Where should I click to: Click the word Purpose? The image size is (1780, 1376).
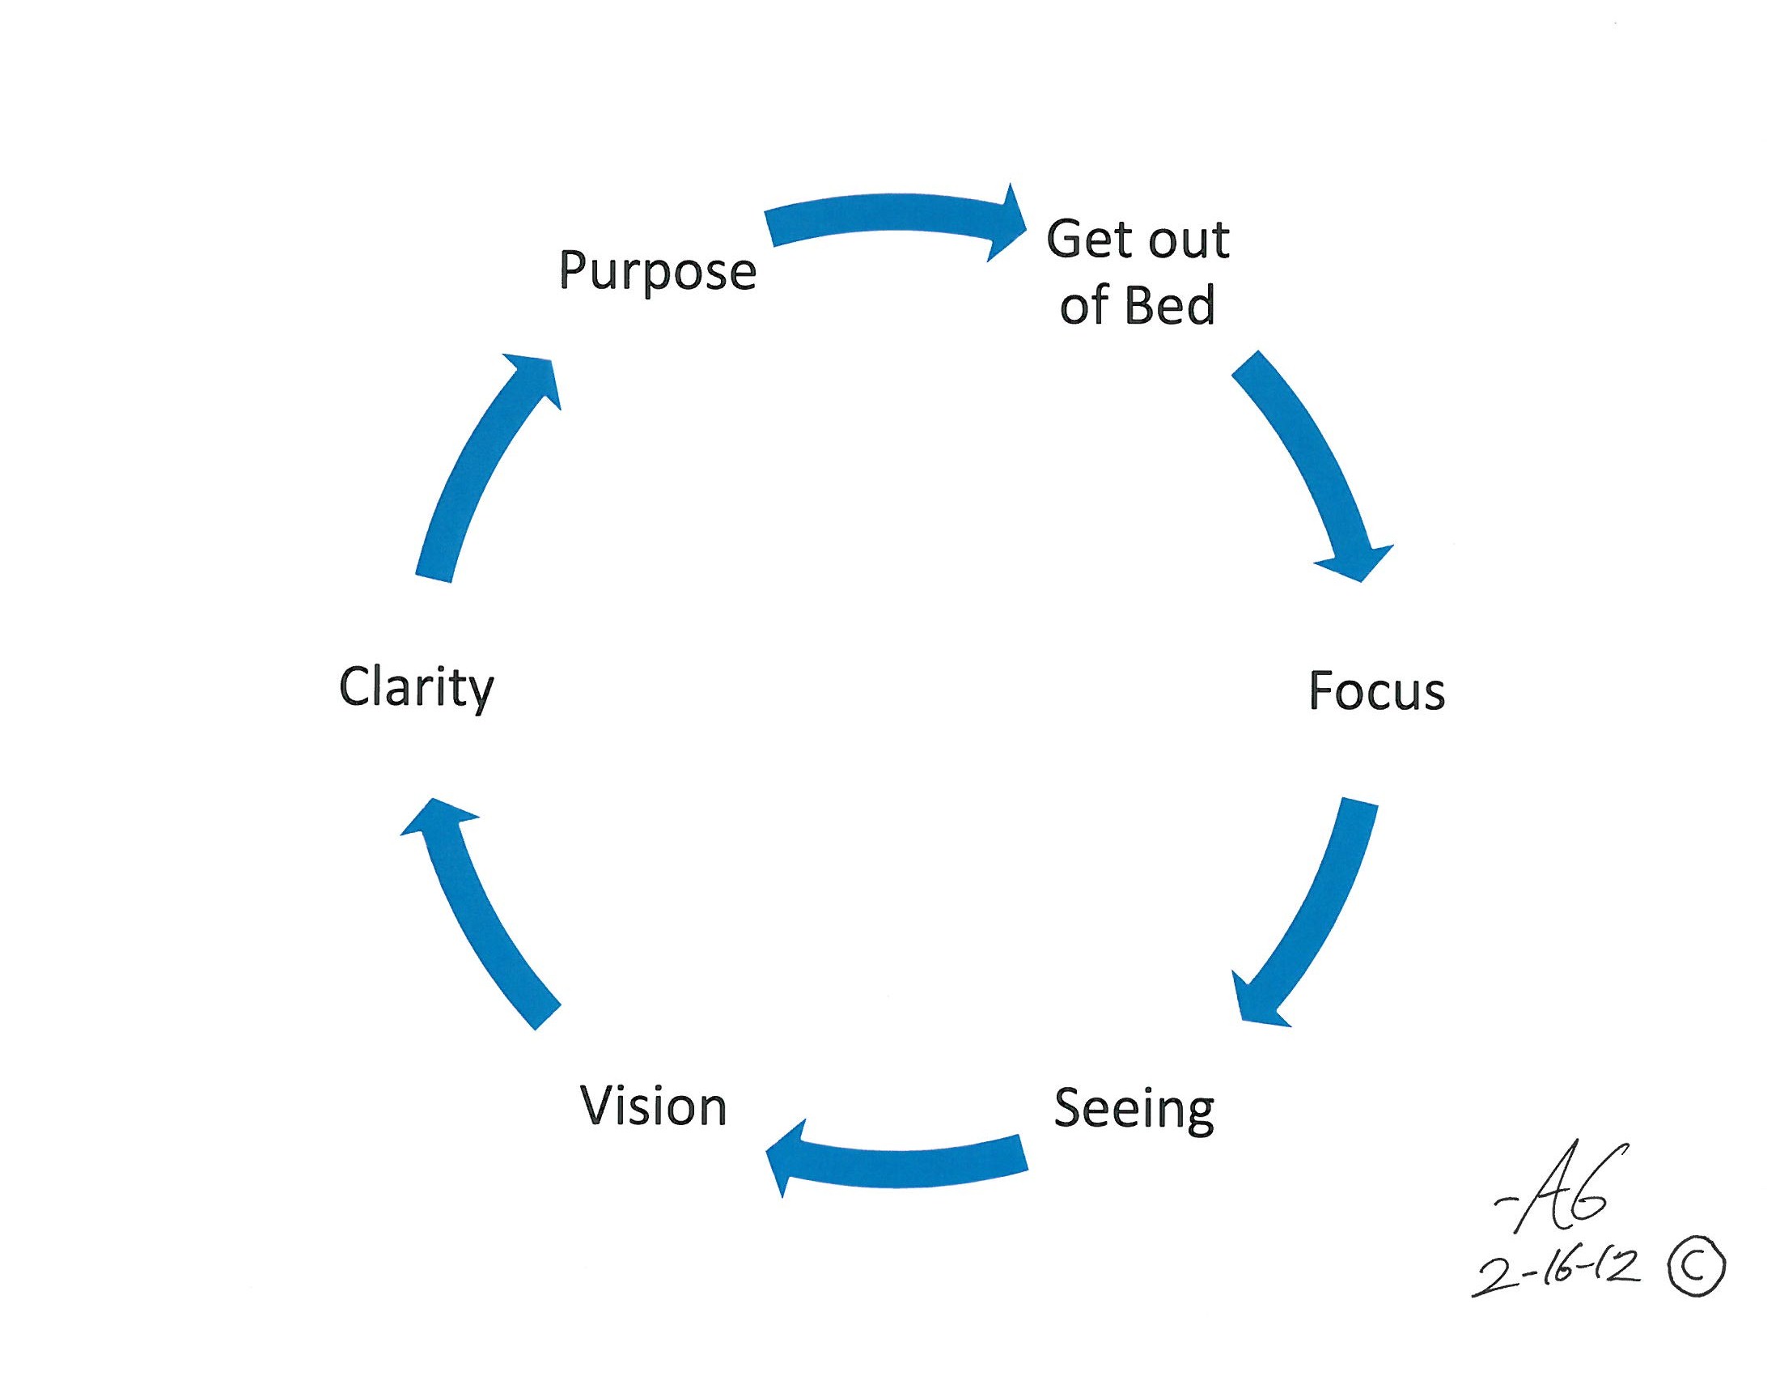coord(658,270)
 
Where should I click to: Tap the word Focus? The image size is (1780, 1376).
coord(1376,691)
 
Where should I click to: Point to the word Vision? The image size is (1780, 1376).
coord(653,1106)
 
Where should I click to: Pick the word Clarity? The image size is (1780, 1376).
coord(417,688)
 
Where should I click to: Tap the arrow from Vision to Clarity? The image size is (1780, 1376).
coord(481,913)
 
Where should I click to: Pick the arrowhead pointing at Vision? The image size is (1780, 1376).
coord(786,1158)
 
